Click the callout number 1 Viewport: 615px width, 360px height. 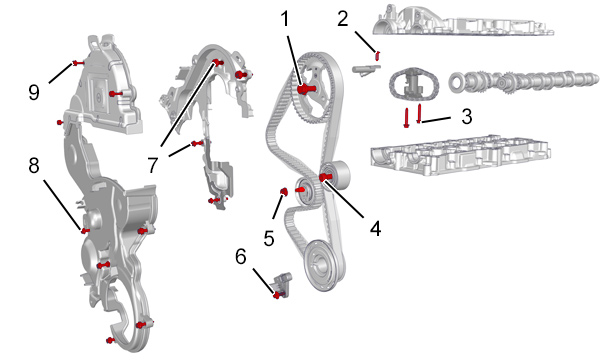tap(285, 19)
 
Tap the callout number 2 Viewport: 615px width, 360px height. tap(343, 19)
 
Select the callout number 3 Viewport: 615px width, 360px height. tap(466, 116)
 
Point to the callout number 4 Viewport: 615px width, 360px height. tap(375, 228)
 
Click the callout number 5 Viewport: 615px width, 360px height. tap(269, 238)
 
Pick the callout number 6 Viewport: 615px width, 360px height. tap(240, 257)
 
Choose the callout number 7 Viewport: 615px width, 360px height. tap(153, 165)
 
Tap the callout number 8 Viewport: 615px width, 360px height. tap(34, 165)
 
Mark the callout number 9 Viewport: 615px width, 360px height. tap(34, 93)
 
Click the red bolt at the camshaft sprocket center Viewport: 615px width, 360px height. tap(304, 89)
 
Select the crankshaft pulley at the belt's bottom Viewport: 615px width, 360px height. tap(324, 265)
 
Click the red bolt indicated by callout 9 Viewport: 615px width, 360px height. tap(78, 63)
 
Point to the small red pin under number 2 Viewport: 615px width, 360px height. tap(378, 56)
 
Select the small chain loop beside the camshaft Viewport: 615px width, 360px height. tap(413, 84)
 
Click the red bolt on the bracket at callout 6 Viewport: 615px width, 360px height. tap(278, 295)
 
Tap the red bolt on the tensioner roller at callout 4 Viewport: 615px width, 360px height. tap(325, 177)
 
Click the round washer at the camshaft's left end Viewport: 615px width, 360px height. tap(457, 83)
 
